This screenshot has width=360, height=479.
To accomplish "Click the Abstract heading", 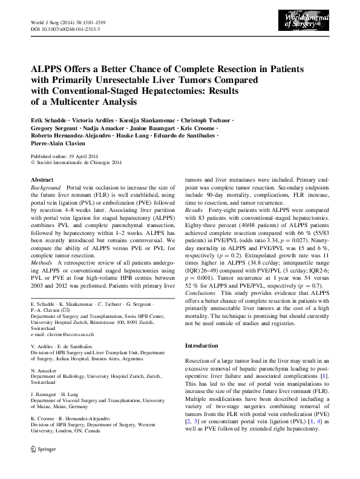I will point(42,180).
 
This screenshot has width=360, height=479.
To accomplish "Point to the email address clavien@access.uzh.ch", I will point(73,334).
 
